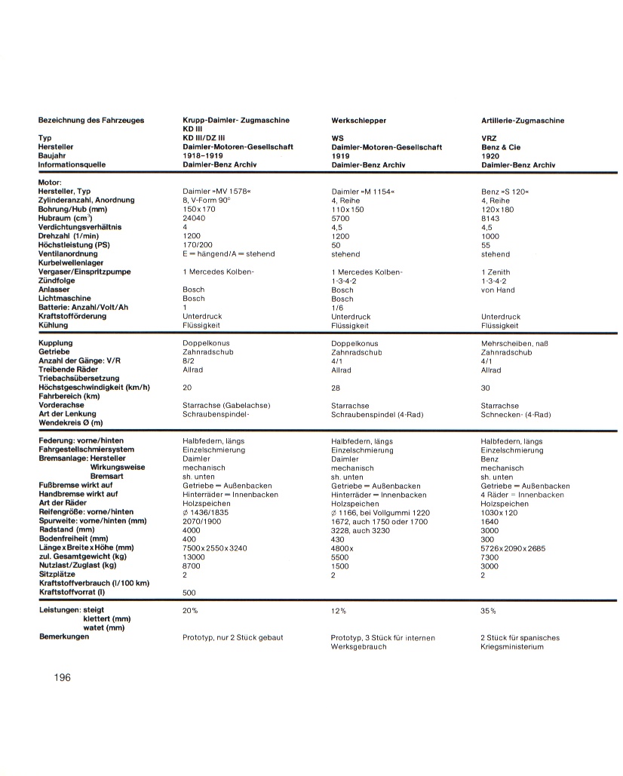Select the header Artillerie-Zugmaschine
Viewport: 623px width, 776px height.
pos(523,121)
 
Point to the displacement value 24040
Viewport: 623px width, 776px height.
pos(194,218)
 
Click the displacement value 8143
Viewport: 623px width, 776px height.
pos(490,218)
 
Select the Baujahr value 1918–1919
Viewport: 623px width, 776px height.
pos(204,155)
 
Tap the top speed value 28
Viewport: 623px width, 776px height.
pos(336,388)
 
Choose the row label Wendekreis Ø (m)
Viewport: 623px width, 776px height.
pos(71,423)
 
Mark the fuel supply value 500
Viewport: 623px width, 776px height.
pos(189,593)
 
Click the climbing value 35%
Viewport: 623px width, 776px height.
pos(489,611)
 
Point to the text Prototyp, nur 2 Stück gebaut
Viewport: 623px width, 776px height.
pos(233,637)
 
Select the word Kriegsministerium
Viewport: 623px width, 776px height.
pos(512,646)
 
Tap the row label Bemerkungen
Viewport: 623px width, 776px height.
pos(64,637)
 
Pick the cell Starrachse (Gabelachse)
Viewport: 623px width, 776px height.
pos(226,406)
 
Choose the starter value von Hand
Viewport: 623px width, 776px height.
pos(498,290)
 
